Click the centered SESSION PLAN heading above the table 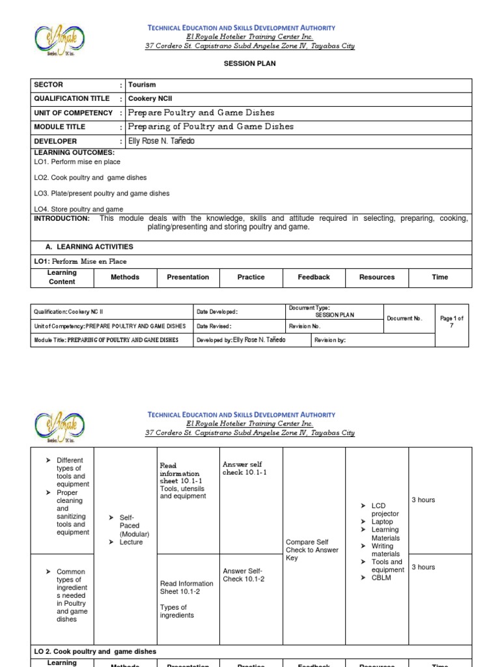[249, 64]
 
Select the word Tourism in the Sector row [142, 85]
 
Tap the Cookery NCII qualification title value [150, 98]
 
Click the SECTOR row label [49, 85]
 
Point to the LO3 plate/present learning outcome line [102, 193]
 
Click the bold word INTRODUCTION [62, 219]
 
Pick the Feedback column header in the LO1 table [314, 277]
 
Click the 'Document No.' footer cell [404, 319]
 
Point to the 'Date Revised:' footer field [214, 326]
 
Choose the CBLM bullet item [381, 578]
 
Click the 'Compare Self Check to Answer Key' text [312, 550]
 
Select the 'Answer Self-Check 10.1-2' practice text [243, 575]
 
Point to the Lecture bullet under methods [131, 542]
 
